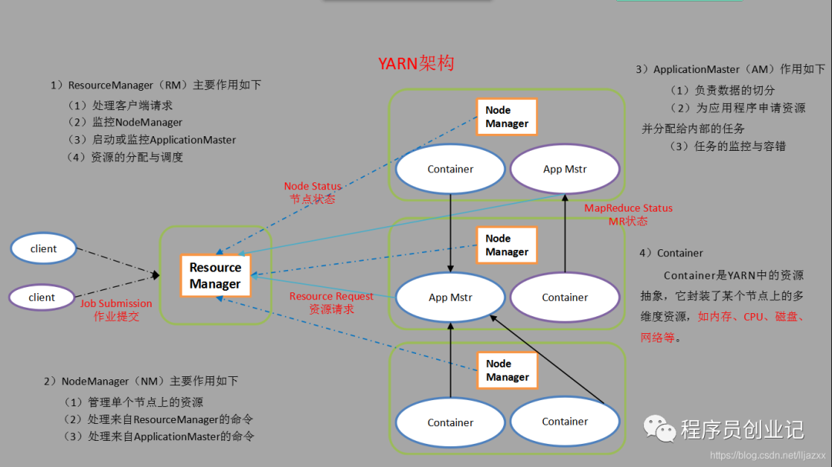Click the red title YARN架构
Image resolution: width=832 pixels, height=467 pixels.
[416, 63]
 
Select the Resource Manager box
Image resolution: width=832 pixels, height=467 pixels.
[215, 275]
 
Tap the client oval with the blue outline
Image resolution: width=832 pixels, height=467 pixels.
[44, 249]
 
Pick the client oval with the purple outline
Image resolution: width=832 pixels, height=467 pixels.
[42, 297]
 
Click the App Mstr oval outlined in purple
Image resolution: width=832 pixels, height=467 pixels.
[565, 169]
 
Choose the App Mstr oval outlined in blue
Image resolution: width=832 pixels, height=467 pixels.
[451, 298]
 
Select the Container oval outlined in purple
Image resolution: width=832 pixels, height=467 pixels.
[565, 298]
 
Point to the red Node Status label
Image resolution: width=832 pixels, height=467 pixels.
[312, 192]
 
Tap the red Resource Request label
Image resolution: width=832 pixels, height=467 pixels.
[331, 302]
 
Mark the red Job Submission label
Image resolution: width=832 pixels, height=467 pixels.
[116, 309]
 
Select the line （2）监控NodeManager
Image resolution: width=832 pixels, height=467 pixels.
[125, 122]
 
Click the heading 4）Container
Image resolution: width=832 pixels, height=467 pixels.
[671, 253]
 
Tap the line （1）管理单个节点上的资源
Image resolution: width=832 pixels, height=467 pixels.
[134, 402]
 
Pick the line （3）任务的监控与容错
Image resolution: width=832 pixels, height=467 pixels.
[727, 146]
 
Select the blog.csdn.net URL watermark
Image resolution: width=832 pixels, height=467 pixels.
[767, 455]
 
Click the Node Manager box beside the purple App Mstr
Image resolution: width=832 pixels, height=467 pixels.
[506, 117]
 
